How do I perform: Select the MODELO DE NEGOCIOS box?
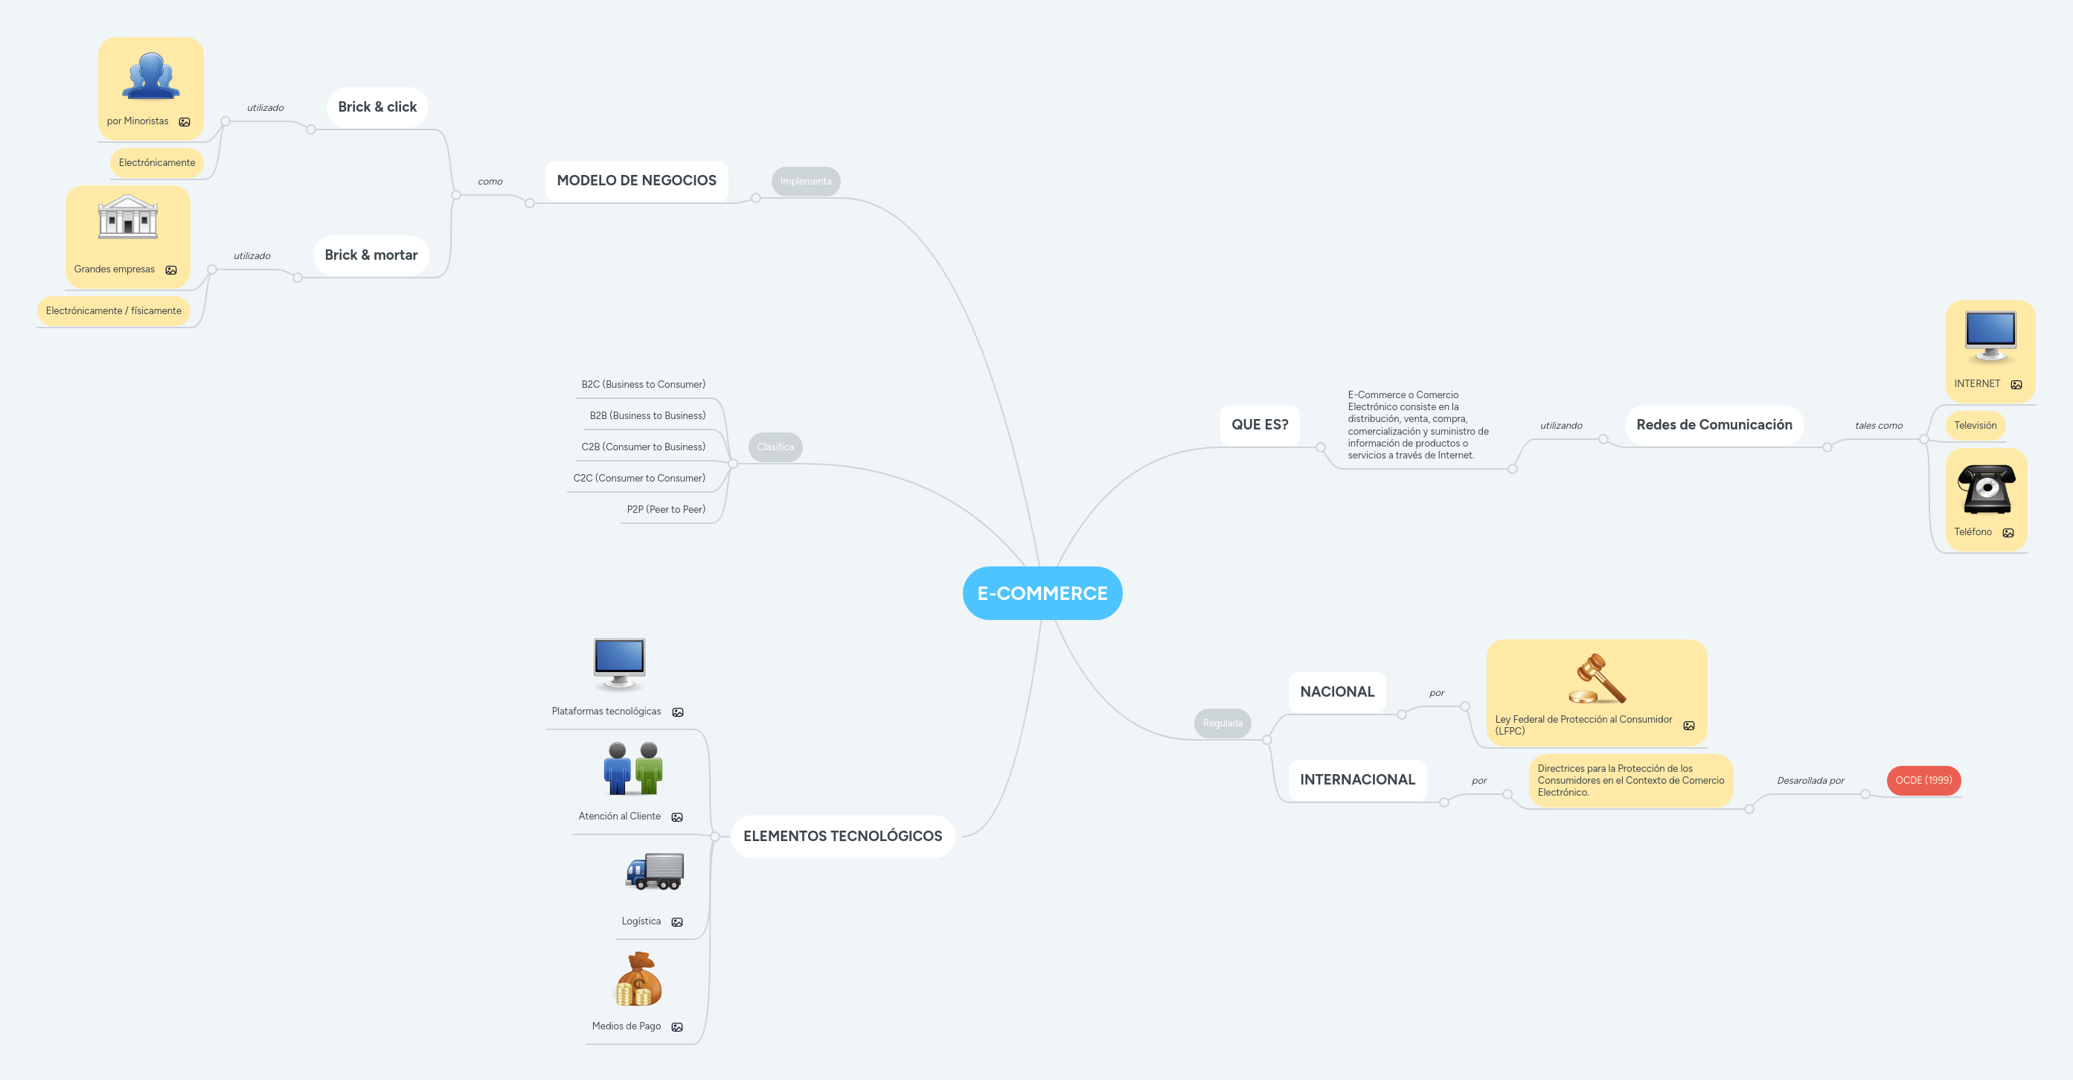click(x=635, y=180)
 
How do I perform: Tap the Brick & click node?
click(x=377, y=107)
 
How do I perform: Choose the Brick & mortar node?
click(x=371, y=255)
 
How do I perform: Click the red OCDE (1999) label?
click(x=1923, y=780)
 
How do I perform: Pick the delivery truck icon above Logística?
click(x=655, y=872)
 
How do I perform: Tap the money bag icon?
click(x=638, y=980)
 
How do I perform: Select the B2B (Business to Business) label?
click(x=647, y=415)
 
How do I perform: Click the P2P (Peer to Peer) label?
click(x=665, y=509)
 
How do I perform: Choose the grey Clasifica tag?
click(x=775, y=447)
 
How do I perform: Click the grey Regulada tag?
click(x=1222, y=723)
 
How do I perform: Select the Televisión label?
click(x=1975, y=425)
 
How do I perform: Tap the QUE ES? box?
click(x=1260, y=424)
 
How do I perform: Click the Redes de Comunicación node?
click(x=1714, y=424)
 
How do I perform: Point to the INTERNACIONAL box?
click(x=1356, y=779)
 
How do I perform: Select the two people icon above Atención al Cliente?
click(x=633, y=769)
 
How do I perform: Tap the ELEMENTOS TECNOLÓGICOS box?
click(x=842, y=835)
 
